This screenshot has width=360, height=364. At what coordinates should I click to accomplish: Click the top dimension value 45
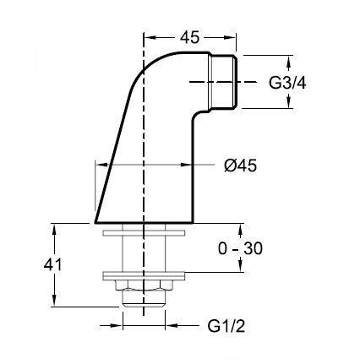pos(190,37)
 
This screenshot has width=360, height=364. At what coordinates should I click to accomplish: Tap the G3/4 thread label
pos(287,83)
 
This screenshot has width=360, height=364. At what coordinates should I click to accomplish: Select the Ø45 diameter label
pos(241,166)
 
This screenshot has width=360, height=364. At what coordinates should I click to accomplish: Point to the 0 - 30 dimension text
pos(240,248)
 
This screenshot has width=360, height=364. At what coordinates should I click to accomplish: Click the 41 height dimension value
pos(52,264)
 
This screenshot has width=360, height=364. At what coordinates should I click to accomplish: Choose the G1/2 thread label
pos(226,327)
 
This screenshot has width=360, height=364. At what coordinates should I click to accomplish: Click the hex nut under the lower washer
pos(144,285)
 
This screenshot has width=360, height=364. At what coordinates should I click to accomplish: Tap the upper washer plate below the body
pos(144,233)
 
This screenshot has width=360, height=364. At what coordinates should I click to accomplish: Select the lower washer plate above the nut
pos(144,276)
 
